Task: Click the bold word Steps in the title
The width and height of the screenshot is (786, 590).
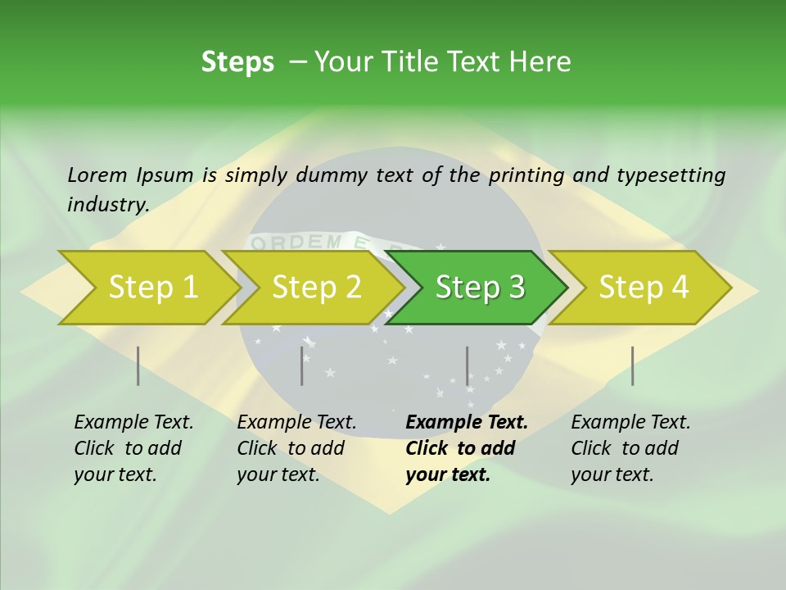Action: click(x=237, y=62)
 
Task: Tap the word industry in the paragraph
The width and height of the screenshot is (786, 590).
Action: click(x=107, y=205)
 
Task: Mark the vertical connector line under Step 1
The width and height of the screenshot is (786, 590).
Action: click(x=138, y=365)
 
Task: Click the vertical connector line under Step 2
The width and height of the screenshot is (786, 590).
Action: click(x=302, y=365)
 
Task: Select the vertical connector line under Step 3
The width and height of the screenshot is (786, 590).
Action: click(x=467, y=365)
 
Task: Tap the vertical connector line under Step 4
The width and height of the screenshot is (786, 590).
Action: click(x=632, y=365)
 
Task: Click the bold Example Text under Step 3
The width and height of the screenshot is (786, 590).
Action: click(x=467, y=423)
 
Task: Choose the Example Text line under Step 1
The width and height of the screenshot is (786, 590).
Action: click(x=133, y=423)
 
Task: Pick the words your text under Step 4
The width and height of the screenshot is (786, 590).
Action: click(x=612, y=474)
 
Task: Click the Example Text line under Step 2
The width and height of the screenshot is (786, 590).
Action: click(x=296, y=423)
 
